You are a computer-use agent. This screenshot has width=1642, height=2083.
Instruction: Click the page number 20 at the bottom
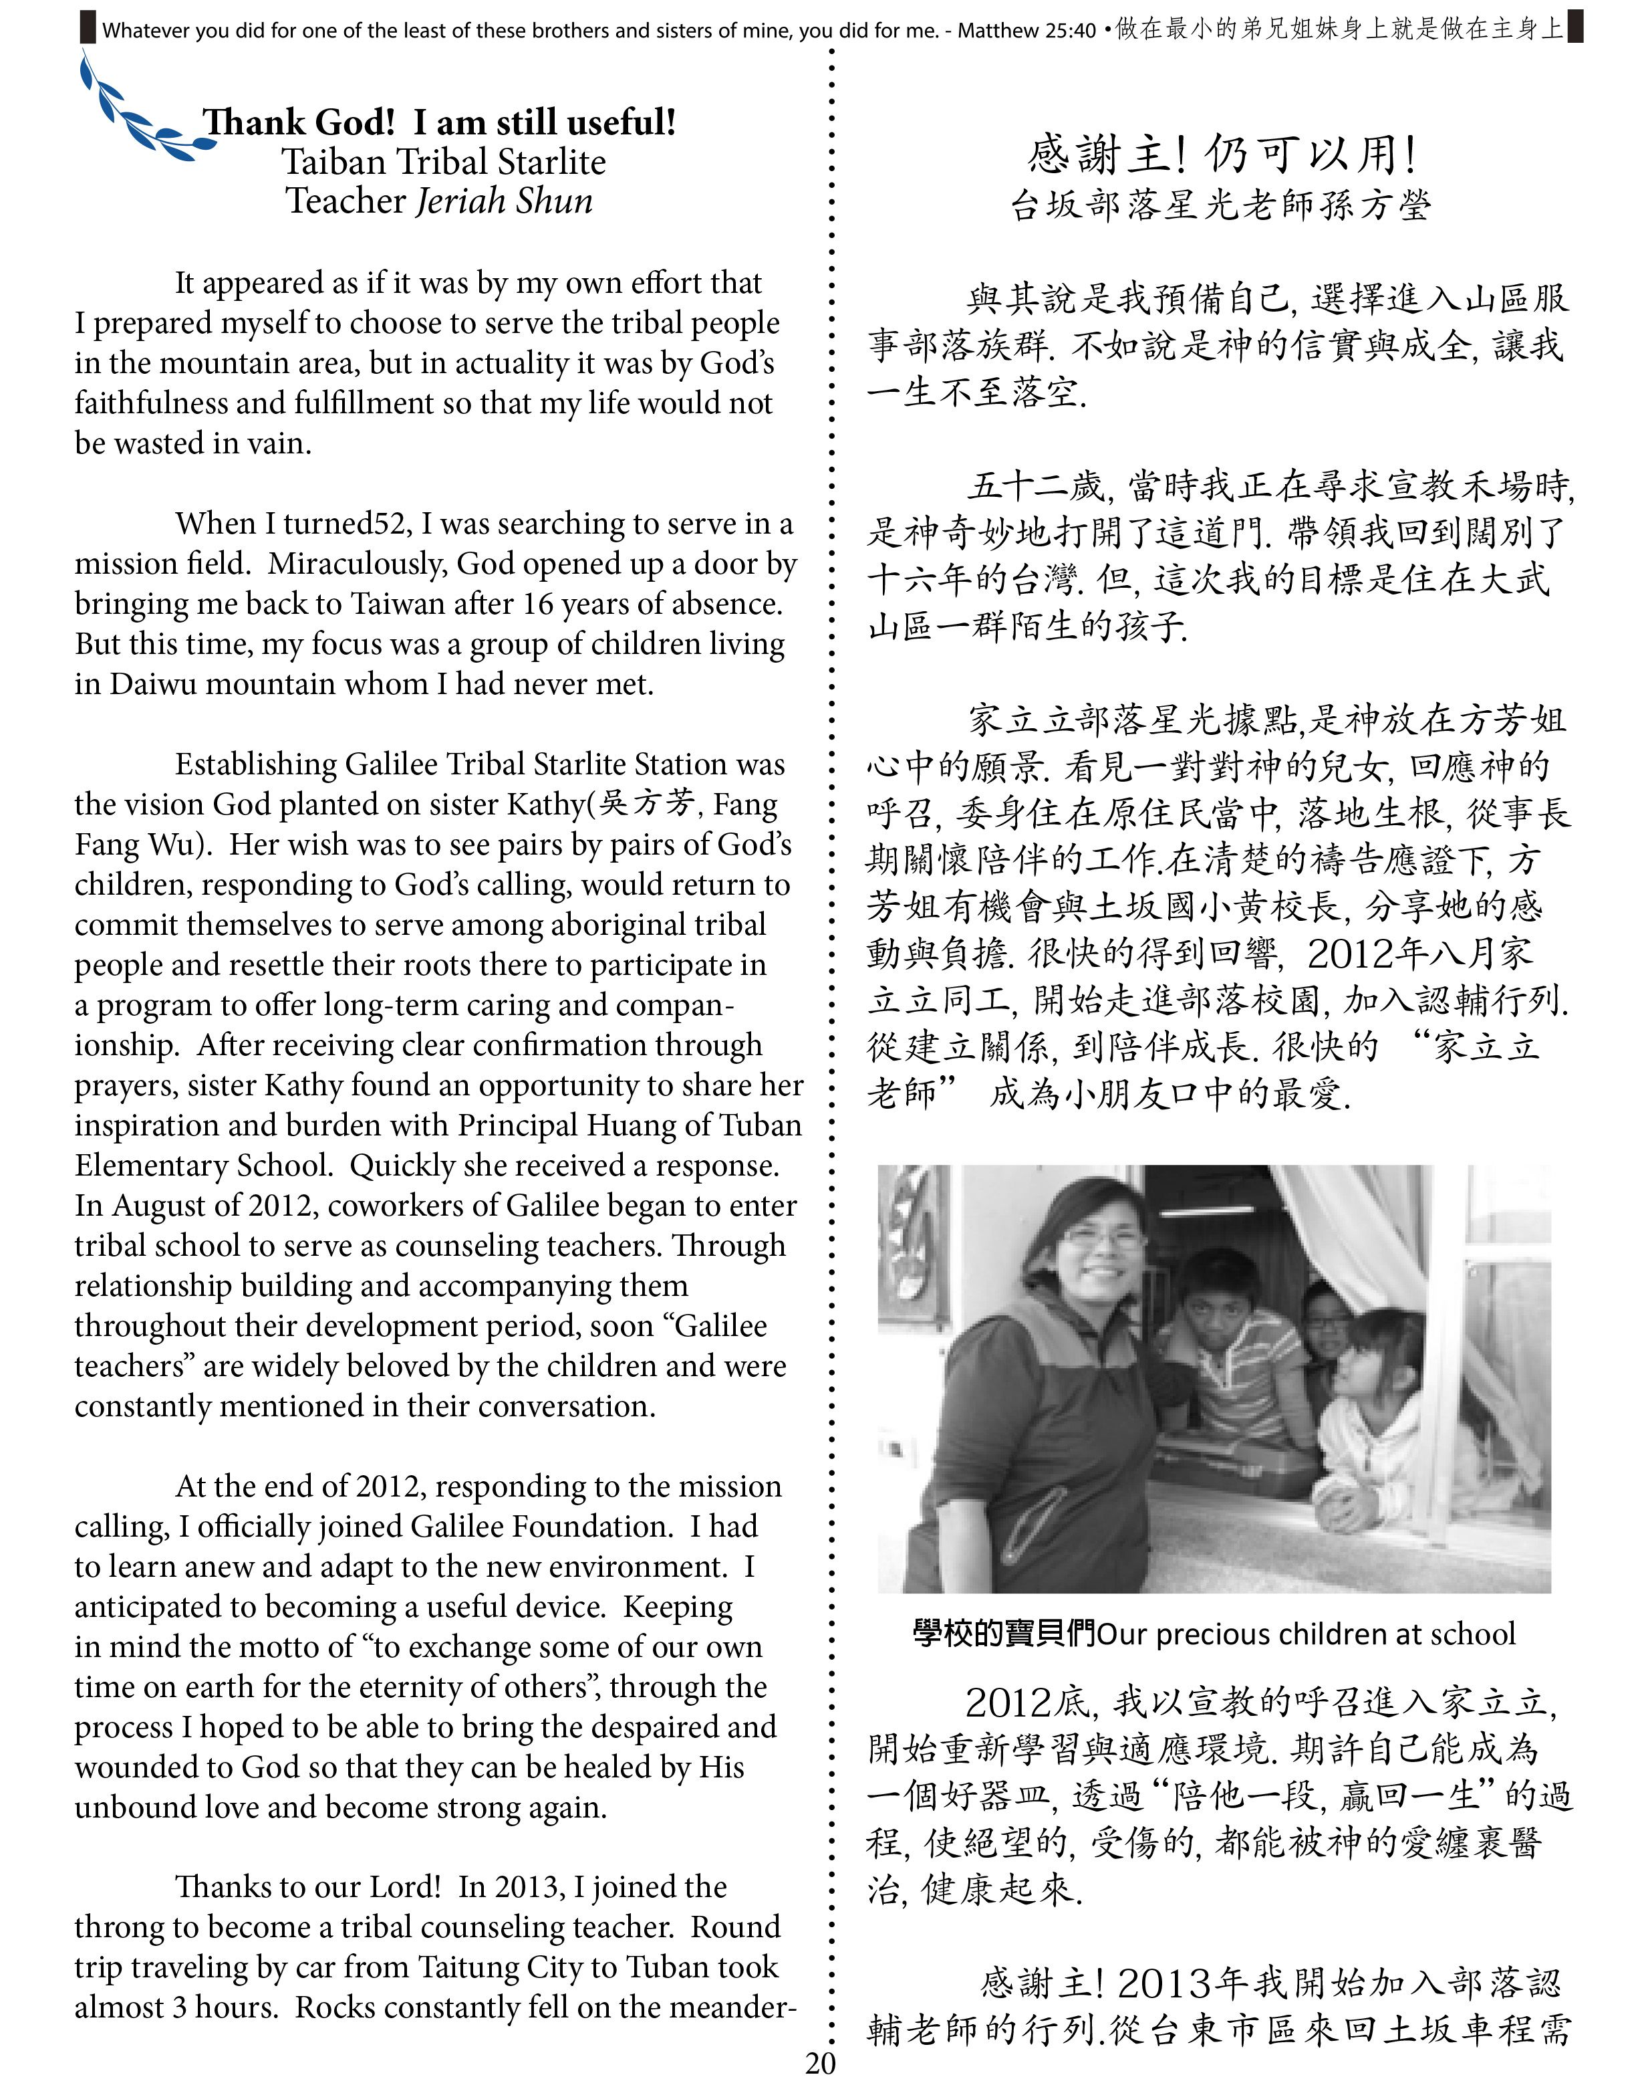point(820,2062)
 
